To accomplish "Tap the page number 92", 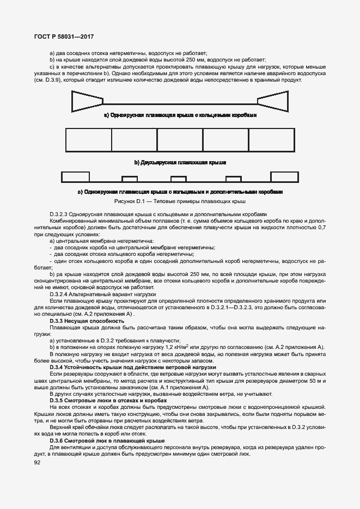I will [x=37, y=462].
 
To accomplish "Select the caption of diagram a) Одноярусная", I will [x=180, y=115].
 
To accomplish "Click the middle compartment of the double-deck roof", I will [x=180, y=140].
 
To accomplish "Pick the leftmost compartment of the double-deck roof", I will [x=88, y=140].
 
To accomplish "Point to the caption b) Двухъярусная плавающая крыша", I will [x=180, y=162].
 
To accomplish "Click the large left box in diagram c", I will [x=75, y=177].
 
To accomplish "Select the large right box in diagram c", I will [x=284, y=177].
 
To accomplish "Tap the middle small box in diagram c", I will [x=179, y=179].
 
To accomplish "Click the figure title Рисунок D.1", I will [x=180, y=201].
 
